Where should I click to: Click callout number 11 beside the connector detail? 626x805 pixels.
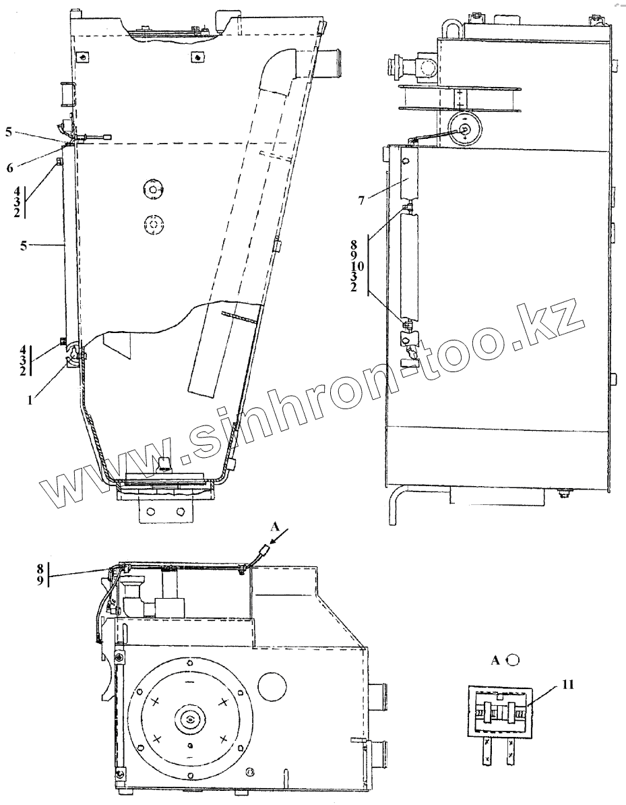[x=568, y=684]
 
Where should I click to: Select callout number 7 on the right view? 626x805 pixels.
[x=361, y=200]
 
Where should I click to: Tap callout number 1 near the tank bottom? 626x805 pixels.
[x=30, y=399]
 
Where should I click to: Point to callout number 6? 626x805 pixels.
[x=9, y=168]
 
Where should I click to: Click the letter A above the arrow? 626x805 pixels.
[x=274, y=527]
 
